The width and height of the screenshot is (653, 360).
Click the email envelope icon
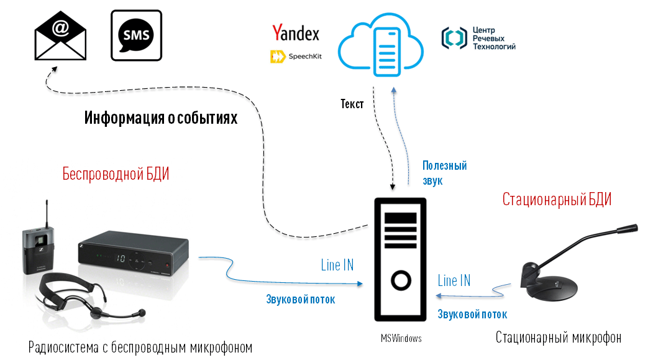[60, 35]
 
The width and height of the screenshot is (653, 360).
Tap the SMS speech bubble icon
[136, 35]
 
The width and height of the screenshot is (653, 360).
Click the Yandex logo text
[296, 33]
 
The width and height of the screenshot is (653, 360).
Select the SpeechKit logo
[296, 57]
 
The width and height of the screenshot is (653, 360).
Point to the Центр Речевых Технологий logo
[478, 38]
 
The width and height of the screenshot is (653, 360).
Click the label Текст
[352, 104]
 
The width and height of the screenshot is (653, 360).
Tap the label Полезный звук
[444, 173]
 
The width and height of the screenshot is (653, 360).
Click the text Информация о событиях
[161, 118]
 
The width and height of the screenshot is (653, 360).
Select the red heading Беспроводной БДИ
[116, 174]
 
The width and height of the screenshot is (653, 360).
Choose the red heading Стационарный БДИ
[556, 200]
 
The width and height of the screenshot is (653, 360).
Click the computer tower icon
[400, 260]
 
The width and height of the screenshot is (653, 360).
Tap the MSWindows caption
[401, 338]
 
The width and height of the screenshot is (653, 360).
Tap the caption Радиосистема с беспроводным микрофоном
[140, 347]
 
